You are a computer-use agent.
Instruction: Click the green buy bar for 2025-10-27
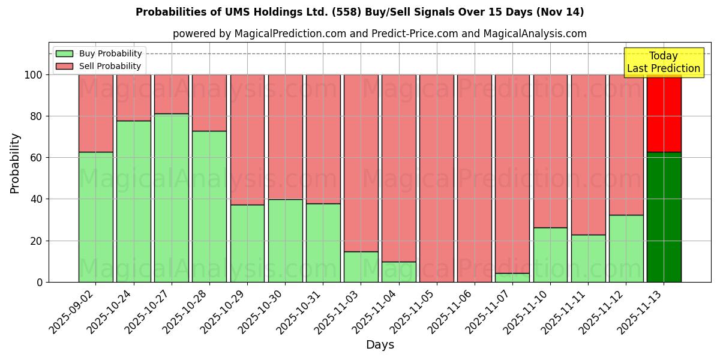tap(172, 197)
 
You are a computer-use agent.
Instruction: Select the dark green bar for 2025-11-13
tap(664, 217)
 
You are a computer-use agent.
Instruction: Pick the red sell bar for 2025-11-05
tap(437, 178)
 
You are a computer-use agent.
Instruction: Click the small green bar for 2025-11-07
tap(512, 277)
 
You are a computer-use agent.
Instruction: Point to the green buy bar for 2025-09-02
tap(96, 217)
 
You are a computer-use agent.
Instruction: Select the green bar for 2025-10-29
tap(247, 243)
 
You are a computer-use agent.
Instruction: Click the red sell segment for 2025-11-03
tap(361, 163)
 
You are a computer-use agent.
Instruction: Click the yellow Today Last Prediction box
tap(664, 62)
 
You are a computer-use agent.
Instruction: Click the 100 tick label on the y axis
tap(34, 75)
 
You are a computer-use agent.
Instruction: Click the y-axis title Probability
tap(15, 163)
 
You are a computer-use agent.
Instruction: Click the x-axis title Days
tap(380, 345)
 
